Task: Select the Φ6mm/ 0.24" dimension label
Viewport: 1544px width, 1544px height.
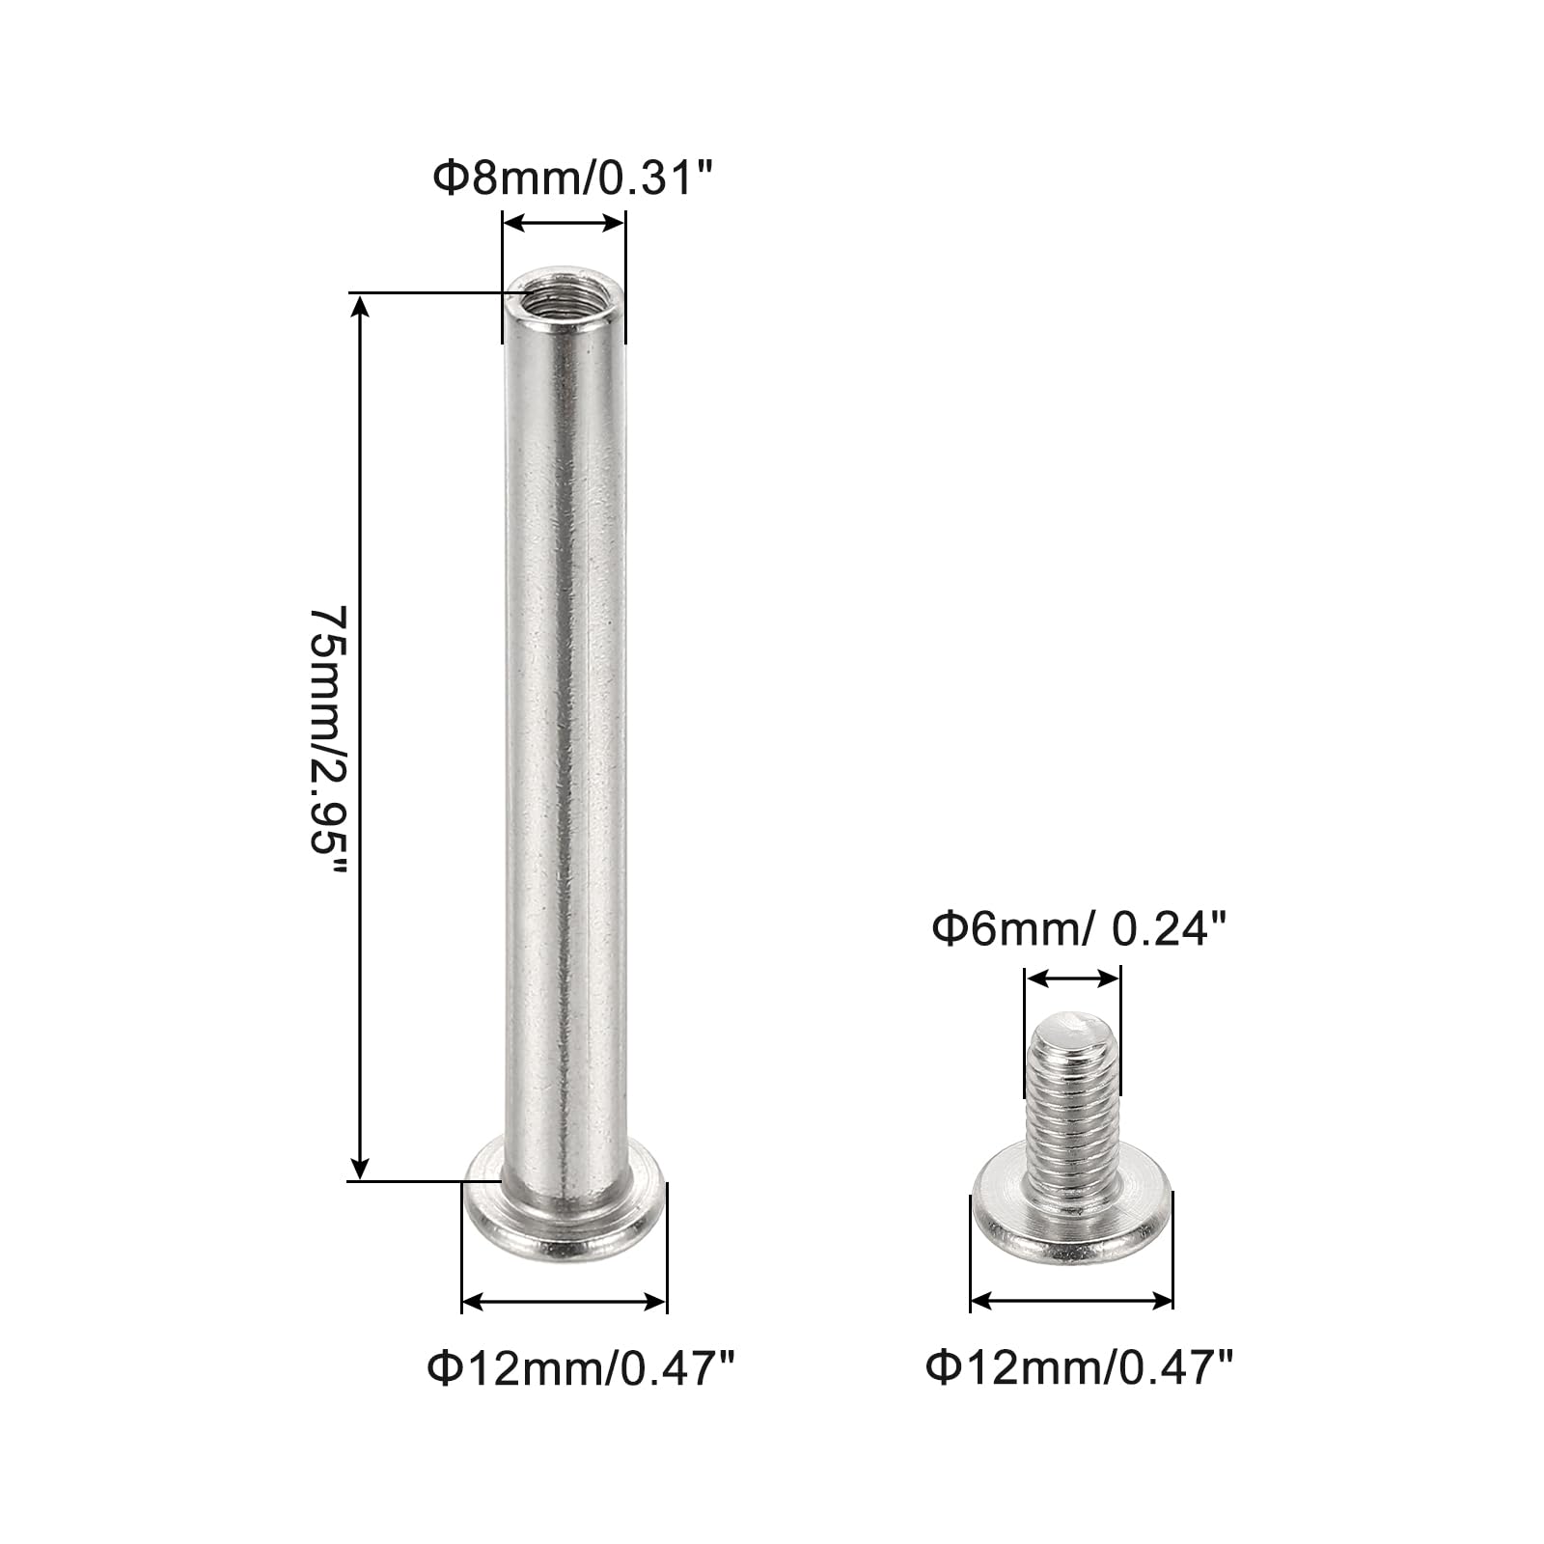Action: click(x=1078, y=930)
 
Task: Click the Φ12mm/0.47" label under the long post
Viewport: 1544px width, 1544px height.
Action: click(x=582, y=1368)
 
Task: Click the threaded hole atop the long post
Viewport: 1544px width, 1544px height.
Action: click(x=565, y=296)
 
